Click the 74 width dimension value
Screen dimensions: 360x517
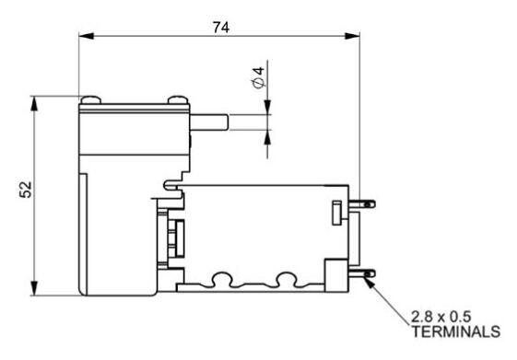[x=221, y=27]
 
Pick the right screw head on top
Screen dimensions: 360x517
[x=176, y=99]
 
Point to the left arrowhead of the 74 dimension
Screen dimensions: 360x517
[x=84, y=38]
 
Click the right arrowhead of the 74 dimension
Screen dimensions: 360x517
[x=352, y=38]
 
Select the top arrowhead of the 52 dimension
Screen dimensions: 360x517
[x=34, y=100]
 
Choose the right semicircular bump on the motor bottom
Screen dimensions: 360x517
[x=286, y=277]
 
